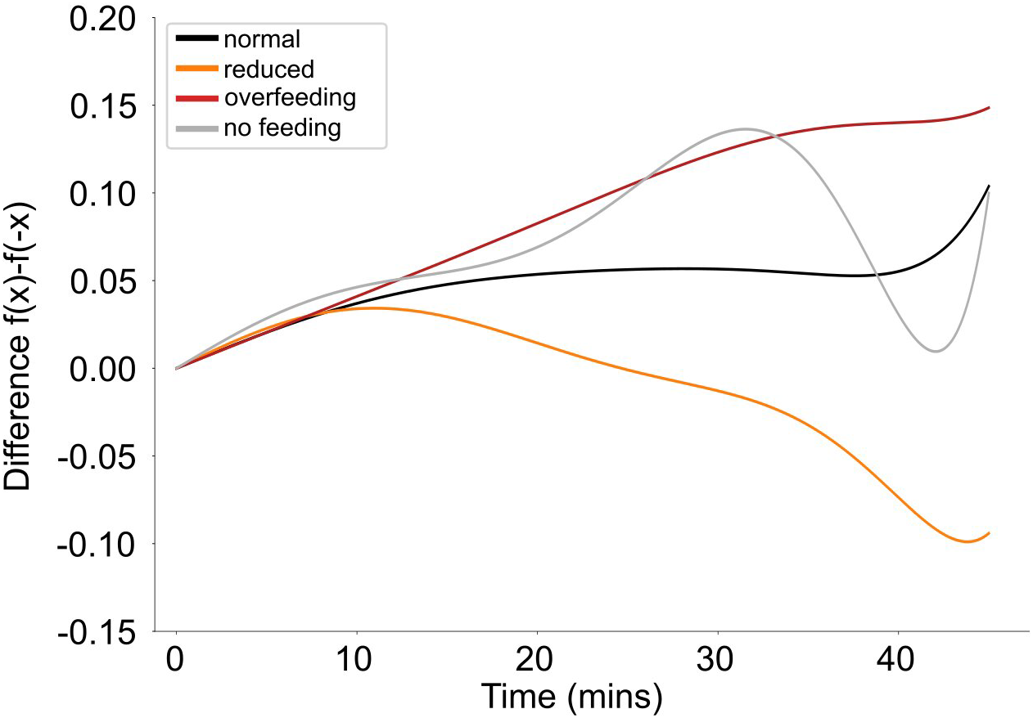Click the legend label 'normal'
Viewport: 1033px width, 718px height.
(262, 38)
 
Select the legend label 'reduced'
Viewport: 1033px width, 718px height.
(268, 69)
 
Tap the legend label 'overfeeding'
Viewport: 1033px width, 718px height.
(290, 98)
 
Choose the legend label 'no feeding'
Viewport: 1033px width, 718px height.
(282, 128)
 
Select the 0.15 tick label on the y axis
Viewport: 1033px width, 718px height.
(102, 106)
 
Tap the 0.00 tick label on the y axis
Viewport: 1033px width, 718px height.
(102, 369)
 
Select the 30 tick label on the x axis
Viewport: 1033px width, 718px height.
(718, 658)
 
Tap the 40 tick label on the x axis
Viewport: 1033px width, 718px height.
(899, 658)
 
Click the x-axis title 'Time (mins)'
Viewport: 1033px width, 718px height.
(571, 697)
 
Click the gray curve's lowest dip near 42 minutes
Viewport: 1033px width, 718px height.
(936, 351)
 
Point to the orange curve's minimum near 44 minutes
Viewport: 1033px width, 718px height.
(967, 541)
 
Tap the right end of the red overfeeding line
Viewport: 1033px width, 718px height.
(989, 108)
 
